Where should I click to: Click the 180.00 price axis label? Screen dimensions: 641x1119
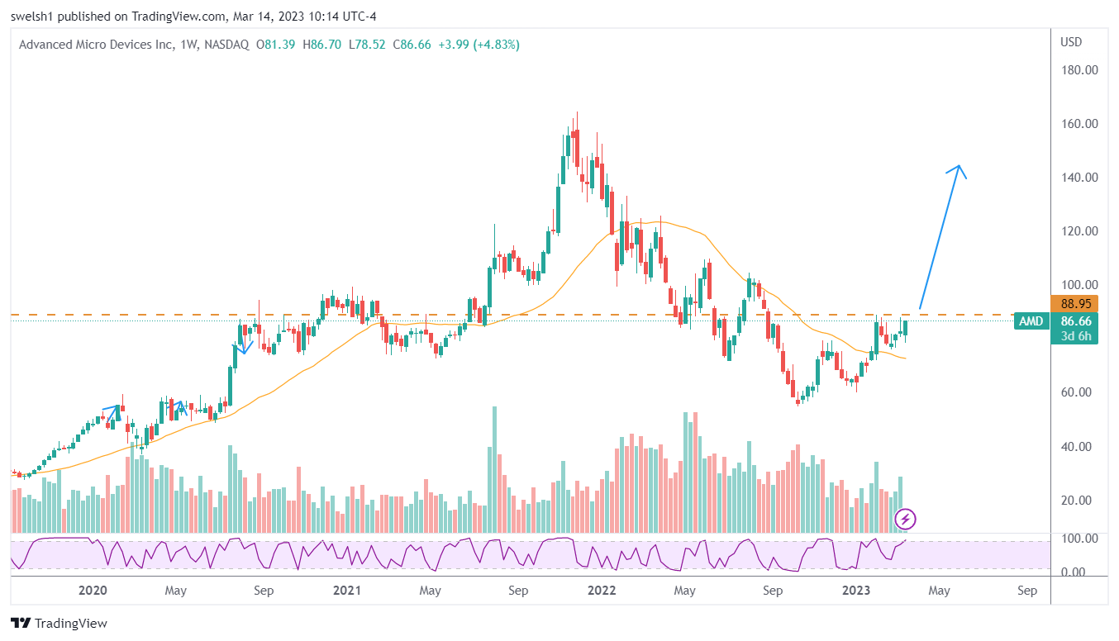(x=1079, y=70)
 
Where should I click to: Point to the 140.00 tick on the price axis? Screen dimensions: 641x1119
(x=1079, y=178)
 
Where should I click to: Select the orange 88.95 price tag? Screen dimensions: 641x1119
(x=1074, y=304)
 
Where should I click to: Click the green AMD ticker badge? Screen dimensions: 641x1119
(x=1030, y=321)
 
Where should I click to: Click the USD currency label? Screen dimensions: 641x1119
(x=1071, y=42)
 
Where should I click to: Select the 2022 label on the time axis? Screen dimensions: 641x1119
(x=601, y=591)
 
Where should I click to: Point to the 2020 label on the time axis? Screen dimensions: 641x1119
(x=93, y=591)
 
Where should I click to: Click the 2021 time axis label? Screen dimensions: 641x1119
(x=347, y=591)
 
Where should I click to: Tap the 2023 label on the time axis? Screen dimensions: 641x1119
(x=855, y=591)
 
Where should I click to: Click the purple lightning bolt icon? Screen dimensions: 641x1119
(x=907, y=519)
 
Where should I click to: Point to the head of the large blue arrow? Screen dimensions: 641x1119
(x=959, y=167)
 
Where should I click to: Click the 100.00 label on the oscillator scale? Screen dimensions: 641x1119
(x=1079, y=539)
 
